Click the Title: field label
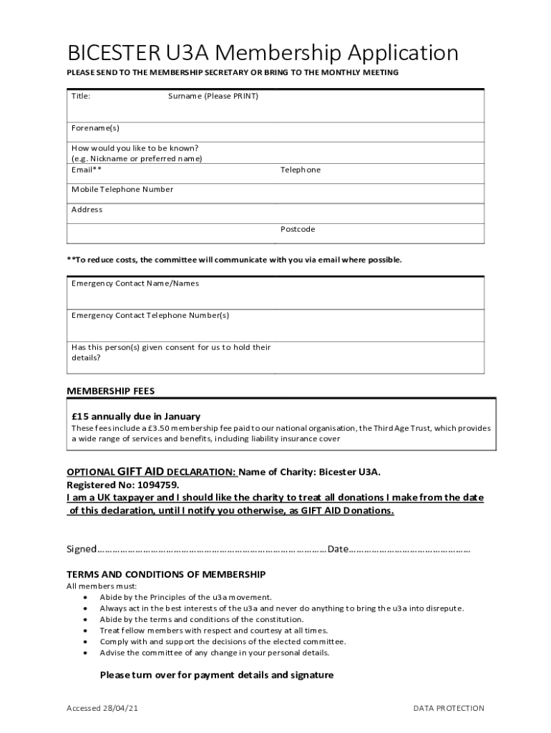(81, 96)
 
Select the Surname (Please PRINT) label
(213, 96)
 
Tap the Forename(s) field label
(95, 128)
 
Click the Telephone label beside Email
(301, 170)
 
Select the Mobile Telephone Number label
(122, 190)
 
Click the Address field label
(87, 210)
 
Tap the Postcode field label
(298, 230)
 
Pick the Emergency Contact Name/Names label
(135, 283)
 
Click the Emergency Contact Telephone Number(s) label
(150, 316)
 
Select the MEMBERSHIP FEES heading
(110, 392)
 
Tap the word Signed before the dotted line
(81, 549)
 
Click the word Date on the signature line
(338, 549)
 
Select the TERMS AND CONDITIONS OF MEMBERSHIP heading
(166, 575)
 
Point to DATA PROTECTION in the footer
(449, 709)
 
